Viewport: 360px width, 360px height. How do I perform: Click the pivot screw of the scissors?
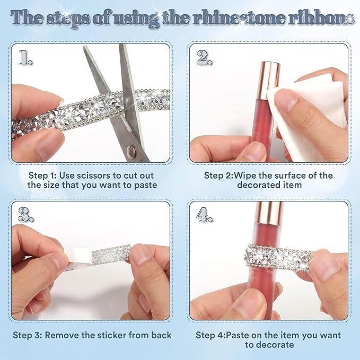(131, 152)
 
